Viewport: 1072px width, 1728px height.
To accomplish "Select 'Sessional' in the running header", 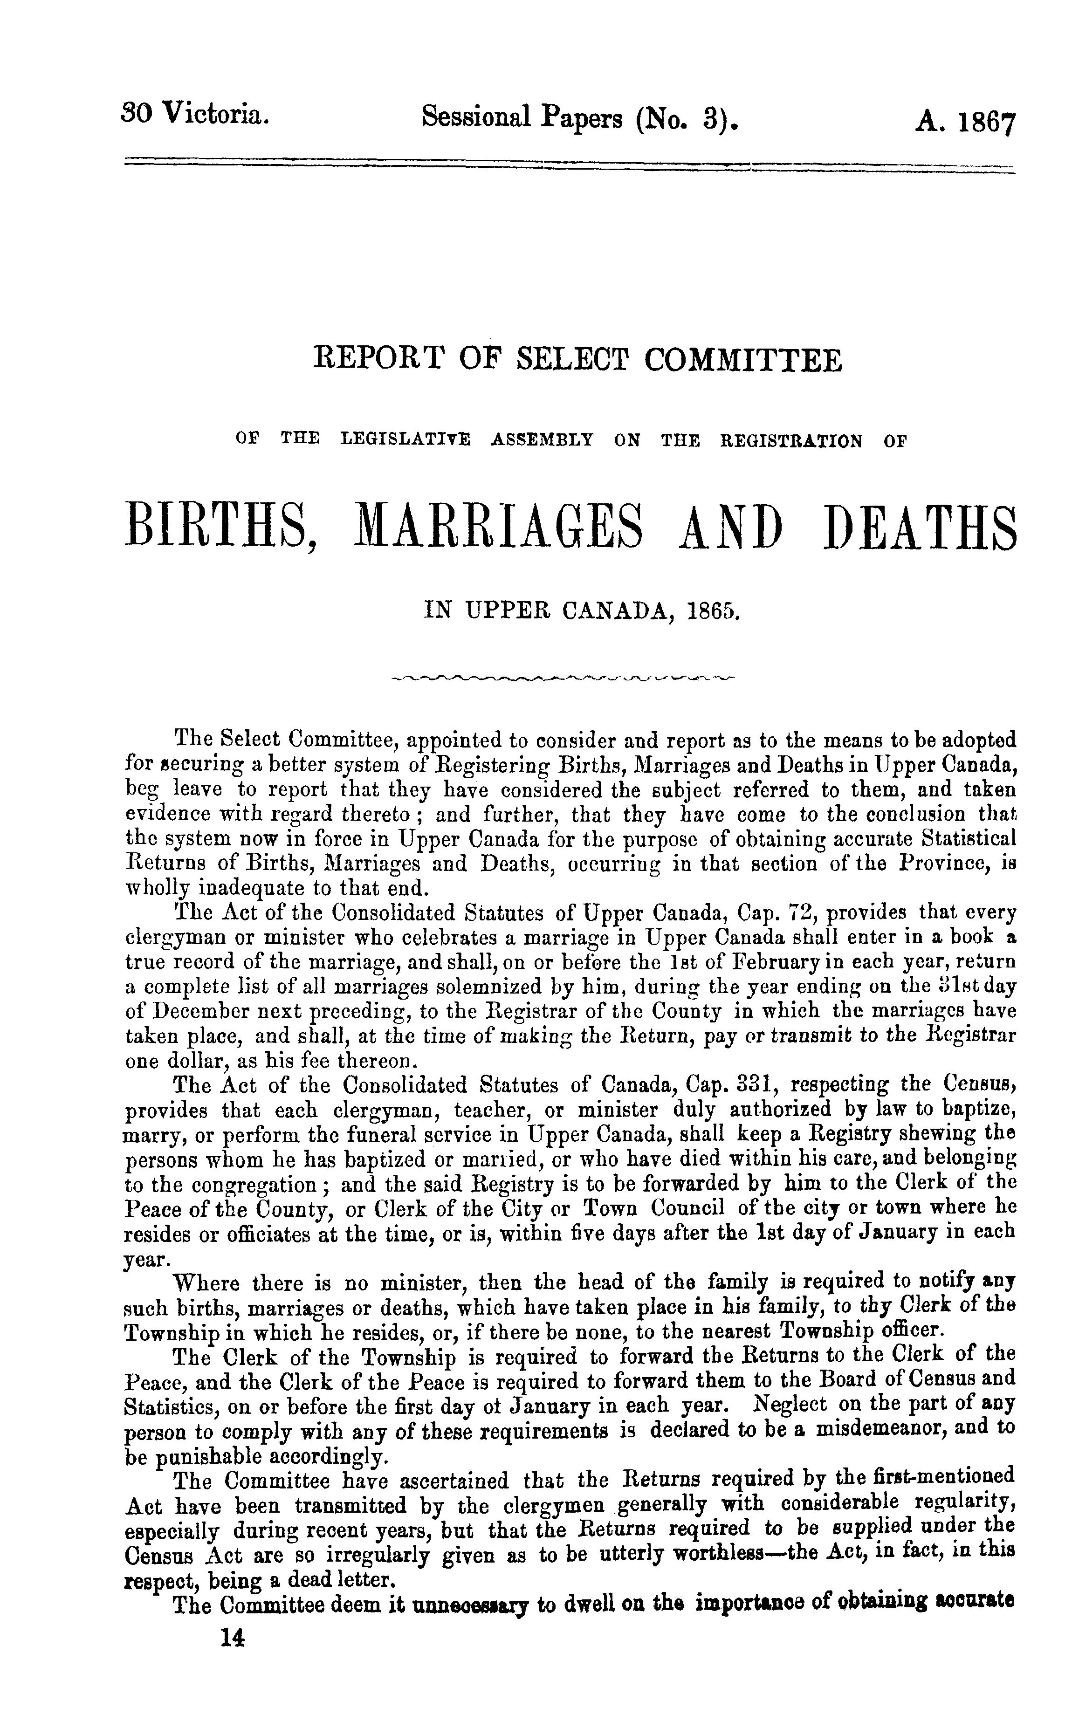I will (x=475, y=117).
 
